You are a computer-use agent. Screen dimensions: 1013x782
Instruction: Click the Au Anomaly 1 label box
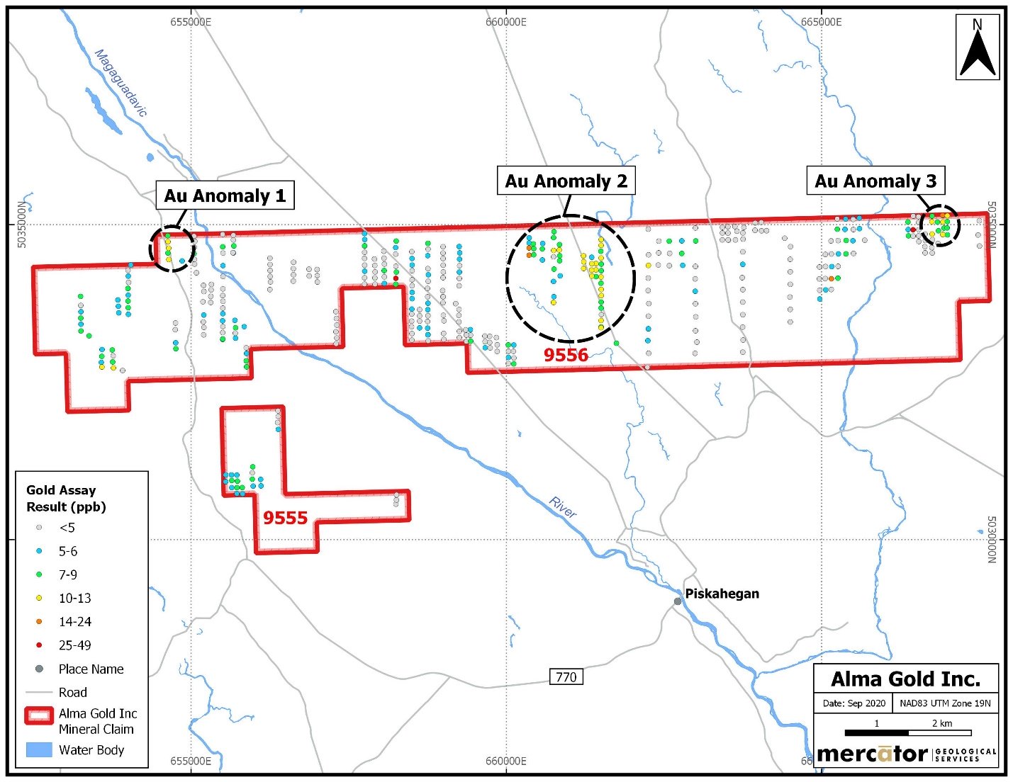click(225, 195)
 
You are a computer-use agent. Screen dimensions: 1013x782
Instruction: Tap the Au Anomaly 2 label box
click(566, 180)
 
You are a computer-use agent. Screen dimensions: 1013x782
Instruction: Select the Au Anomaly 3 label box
click(875, 180)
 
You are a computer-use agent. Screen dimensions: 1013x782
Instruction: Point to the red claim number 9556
click(566, 355)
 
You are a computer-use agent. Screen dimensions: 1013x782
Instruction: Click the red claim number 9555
click(285, 518)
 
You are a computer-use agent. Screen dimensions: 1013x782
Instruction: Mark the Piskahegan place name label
click(722, 594)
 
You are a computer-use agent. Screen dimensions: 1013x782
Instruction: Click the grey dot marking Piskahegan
click(678, 601)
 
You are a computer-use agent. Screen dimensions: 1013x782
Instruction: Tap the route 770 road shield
click(566, 676)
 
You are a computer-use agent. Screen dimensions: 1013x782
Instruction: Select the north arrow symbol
click(977, 51)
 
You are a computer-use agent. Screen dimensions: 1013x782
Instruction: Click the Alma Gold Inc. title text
click(906, 679)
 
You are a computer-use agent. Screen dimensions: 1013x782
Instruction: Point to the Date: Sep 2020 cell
click(854, 703)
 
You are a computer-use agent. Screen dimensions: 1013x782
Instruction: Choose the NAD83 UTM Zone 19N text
click(945, 703)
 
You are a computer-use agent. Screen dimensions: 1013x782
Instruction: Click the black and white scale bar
click(908, 733)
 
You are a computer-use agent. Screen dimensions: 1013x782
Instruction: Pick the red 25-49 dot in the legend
click(39, 645)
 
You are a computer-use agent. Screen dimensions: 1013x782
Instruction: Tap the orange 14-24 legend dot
click(39, 621)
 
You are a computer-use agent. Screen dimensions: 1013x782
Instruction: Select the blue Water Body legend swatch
click(39, 750)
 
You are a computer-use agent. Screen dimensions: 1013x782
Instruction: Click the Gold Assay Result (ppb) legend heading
click(66, 499)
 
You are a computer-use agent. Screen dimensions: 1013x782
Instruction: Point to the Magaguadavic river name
click(121, 82)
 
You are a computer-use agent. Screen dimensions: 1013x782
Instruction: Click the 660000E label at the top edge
click(506, 21)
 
